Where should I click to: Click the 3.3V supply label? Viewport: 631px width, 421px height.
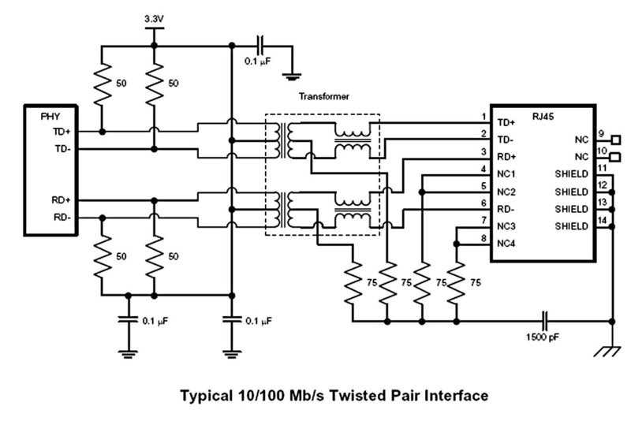point(154,17)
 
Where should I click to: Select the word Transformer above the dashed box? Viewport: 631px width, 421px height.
point(323,97)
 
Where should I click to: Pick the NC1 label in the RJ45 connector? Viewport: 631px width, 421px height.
point(506,174)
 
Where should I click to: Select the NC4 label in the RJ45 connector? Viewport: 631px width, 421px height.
point(506,243)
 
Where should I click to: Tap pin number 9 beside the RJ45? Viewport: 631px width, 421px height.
point(600,133)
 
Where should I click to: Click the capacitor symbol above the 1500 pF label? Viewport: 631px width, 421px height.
point(543,321)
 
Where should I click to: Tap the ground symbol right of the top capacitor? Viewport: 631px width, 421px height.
point(294,77)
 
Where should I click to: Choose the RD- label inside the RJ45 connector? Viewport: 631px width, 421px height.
point(505,209)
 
